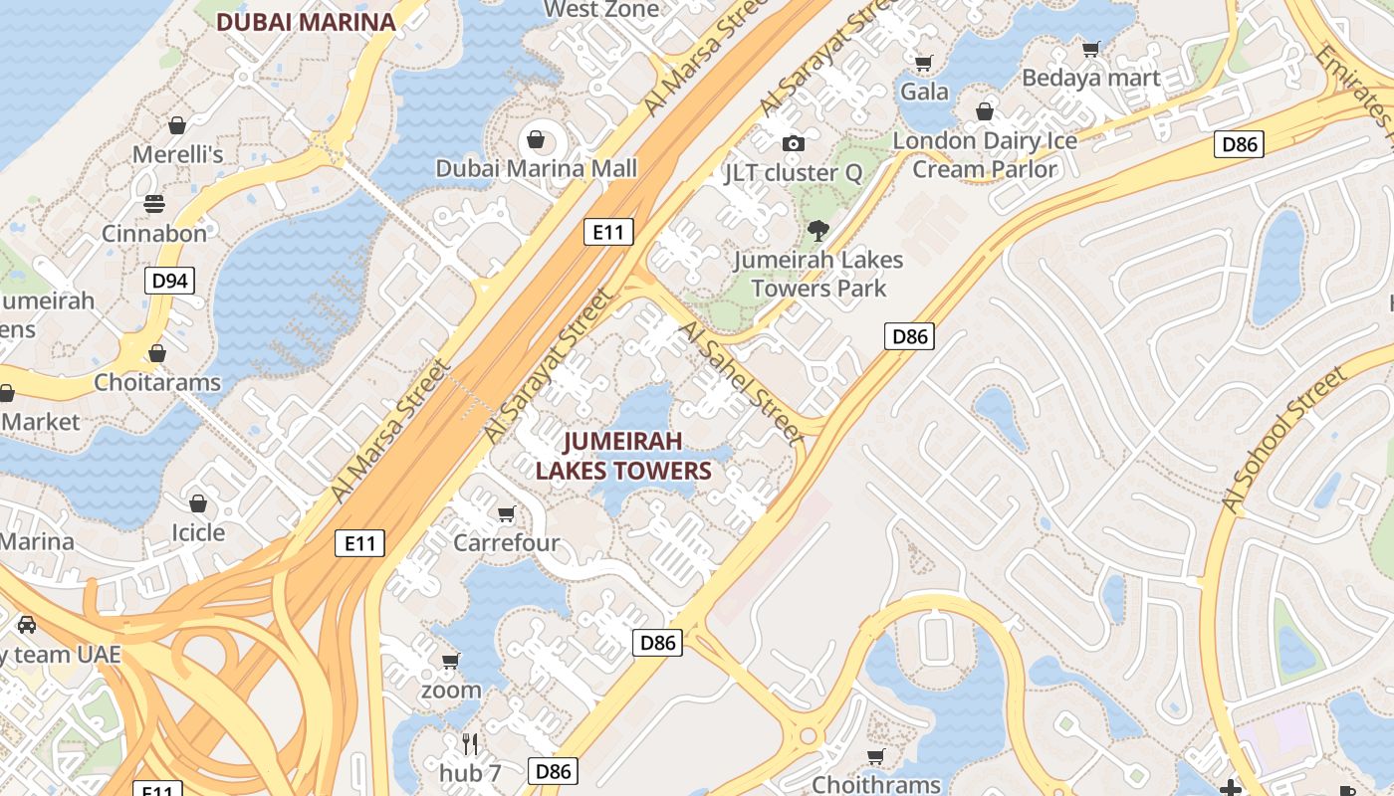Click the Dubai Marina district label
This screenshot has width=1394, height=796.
point(306,21)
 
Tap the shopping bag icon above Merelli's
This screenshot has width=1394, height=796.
point(177,125)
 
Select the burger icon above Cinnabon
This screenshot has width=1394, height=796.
point(154,204)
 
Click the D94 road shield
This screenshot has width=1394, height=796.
point(169,281)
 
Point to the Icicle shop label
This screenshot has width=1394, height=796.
point(198,532)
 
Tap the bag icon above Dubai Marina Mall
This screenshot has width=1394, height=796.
point(536,138)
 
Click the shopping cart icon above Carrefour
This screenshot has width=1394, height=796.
point(506,513)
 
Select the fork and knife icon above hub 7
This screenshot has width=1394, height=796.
point(470,742)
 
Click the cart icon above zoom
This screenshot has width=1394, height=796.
point(450,661)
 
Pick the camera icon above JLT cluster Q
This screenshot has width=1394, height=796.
point(793,143)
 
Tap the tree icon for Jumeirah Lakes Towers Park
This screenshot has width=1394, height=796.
point(818,231)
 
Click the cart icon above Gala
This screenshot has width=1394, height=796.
point(924,63)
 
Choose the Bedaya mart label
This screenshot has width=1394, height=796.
point(1090,78)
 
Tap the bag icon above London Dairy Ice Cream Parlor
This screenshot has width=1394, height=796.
point(985,111)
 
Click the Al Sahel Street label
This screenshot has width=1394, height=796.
point(739,380)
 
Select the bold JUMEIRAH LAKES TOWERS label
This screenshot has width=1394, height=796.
point(623,456)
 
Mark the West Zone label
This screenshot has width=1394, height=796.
point(602,10)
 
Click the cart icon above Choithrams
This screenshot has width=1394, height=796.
point(876,757)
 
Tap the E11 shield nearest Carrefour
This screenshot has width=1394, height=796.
point(359,543)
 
